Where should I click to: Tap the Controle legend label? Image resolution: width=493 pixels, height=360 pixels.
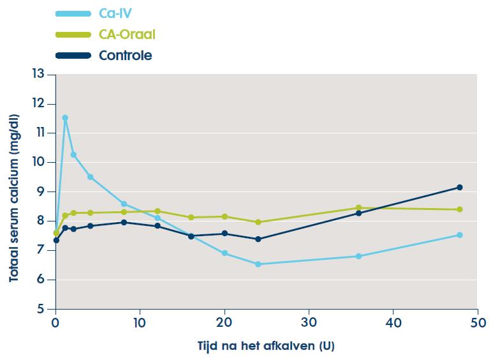pos(126,56)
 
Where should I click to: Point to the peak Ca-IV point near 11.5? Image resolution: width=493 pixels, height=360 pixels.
pos(65,117)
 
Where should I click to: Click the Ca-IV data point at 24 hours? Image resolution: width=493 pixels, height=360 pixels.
pos(258,264)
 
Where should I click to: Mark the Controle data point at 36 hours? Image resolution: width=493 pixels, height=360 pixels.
pos(358,213)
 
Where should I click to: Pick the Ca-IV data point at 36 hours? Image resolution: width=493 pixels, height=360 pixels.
pos(358,256)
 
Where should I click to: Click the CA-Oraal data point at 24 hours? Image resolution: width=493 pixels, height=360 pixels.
pos(258,222)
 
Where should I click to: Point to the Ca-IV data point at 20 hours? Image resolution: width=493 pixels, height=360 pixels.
pos(224,253)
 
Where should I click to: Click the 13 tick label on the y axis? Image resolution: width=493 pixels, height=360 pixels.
pos(40,74)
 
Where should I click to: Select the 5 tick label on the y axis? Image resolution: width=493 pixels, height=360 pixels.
pos(42,309)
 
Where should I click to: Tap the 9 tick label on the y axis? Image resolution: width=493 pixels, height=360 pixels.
pos(42,191)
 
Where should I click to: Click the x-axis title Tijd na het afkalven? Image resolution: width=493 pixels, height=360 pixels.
pos(266,346)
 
